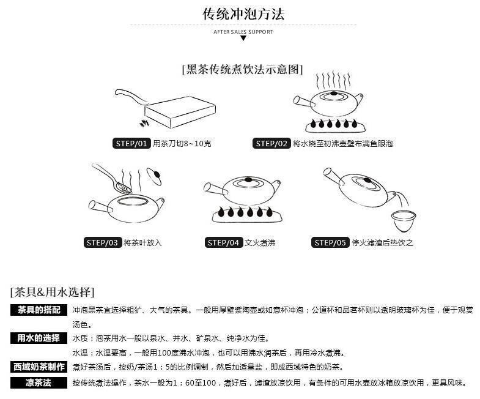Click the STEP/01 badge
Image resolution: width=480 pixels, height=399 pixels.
click(131, 143)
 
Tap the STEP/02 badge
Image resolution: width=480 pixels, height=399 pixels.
click(271, 143)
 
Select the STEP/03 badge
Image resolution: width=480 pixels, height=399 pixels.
click(103, 243)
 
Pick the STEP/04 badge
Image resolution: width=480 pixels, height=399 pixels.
click(223, 243)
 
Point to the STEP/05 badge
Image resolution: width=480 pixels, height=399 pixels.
click(330, 243)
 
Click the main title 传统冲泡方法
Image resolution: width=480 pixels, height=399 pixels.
click(243, 14)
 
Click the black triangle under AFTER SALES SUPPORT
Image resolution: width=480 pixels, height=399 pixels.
click(243, 38)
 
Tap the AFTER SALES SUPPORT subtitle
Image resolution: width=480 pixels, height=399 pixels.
click(243, 32)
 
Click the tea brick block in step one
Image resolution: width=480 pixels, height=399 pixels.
click(180, 112)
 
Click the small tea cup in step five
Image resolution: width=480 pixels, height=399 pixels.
click(404, 221)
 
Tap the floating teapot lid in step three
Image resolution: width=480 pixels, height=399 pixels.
click(154, 176)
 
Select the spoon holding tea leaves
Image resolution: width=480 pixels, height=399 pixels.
click(113, 179)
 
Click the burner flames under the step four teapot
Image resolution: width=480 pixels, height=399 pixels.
click(245, 212)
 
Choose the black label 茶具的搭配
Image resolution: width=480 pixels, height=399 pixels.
click(39, 310)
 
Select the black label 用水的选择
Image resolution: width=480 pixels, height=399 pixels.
click(39, 338)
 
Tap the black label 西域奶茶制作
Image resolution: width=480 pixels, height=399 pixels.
click(39, 367)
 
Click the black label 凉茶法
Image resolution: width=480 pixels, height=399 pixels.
click(39, 382)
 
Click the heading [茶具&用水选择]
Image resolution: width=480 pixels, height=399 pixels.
click(52, 292)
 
